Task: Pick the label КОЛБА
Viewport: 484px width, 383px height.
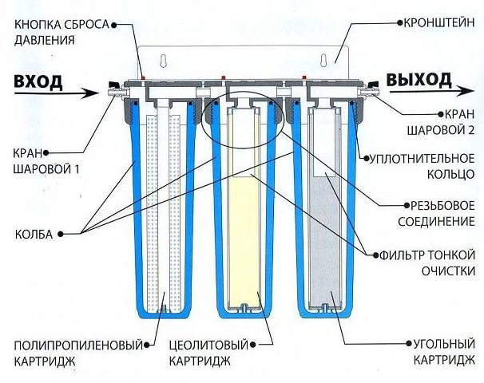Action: click(x=33, y=234)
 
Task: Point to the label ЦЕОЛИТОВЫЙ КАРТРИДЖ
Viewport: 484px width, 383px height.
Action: click(x=215, y=352)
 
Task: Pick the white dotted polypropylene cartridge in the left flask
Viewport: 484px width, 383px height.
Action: click(x=163, y=207)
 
